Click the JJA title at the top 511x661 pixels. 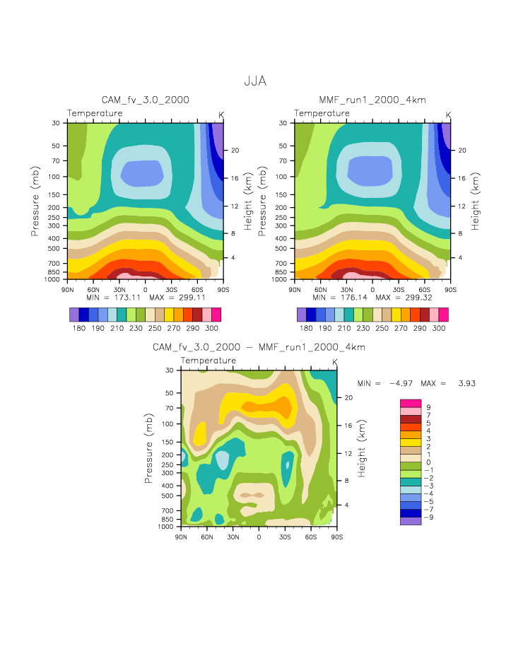pyautogui.click(x=255, y=82)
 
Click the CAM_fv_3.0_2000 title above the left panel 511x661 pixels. pyautogui.click(x=146, y=100)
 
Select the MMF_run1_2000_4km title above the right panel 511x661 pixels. pyautogui.click(x=372, y=100)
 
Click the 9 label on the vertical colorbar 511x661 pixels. pyautogui.click(x=428, y=408)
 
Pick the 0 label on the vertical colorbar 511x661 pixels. pyautogui.click(x=428, y=462)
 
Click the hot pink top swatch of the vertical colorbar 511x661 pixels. pyautogui.click(x=411, y=403)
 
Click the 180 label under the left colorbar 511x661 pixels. pyautogui.click(x=78, y=329)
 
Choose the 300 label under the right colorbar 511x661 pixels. pyautogui.click(x=439, y=329)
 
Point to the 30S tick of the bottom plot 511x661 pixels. pyautogui.click(x=284, y=537)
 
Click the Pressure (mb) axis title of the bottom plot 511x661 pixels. pyautogui.click(x=150, y=448)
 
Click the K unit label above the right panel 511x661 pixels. pyautogui.click(x=448, y=115)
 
